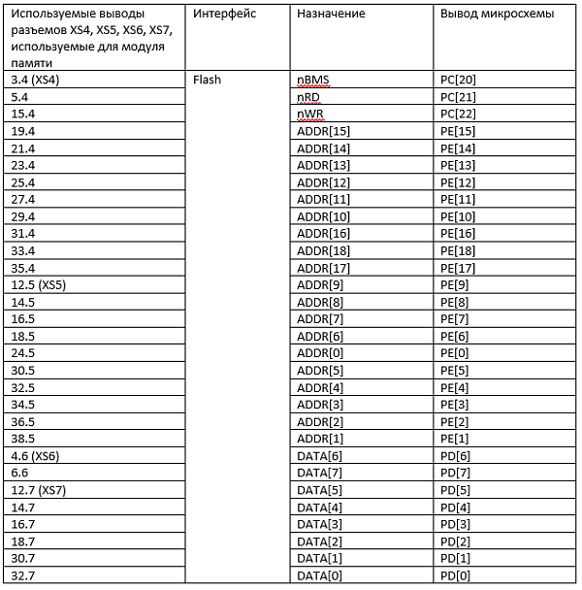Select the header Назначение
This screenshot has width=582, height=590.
point(331,15)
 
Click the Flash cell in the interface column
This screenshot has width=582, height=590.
point(209,80)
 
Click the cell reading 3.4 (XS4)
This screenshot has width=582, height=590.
point(33,80)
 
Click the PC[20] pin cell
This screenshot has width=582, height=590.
point(458,80)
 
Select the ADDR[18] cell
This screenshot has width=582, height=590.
point(324,250)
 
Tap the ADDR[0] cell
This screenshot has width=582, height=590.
point(321,353)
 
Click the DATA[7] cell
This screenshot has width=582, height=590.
point(319,473)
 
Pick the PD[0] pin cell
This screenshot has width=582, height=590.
point(455,575)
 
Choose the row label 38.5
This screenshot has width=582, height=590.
point(19,439)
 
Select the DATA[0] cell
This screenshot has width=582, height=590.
point(319,575)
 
